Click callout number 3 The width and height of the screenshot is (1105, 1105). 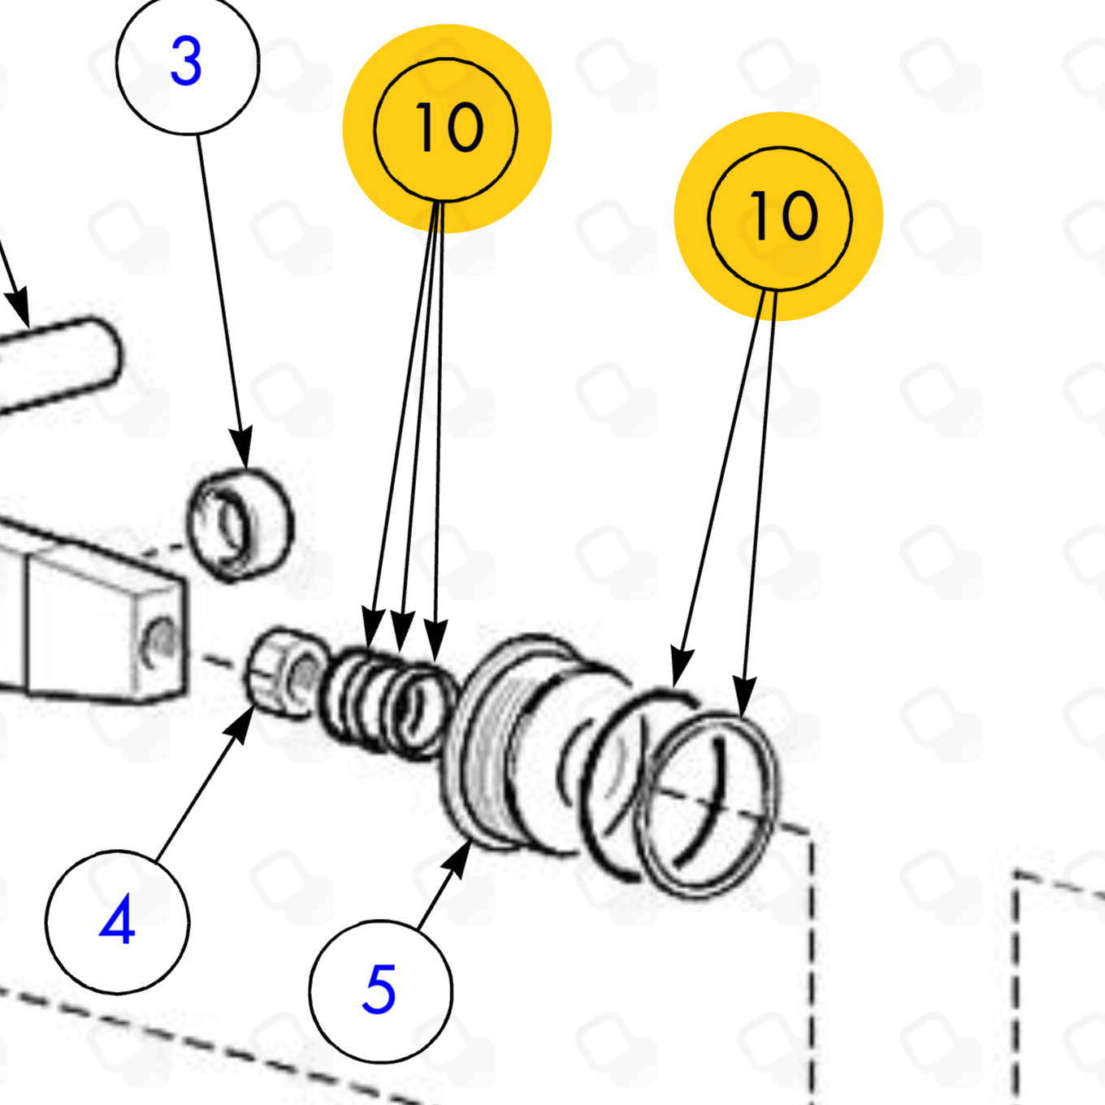(x=187, y=62)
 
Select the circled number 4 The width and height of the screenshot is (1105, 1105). (x=118, y=921)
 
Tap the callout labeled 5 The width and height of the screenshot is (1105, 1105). (x=381, y=991)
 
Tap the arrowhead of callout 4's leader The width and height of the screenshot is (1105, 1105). (x=242, y=722)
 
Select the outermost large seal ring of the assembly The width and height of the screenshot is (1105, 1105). (x=706, y=804)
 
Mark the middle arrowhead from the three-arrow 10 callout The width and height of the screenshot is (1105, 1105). (x=401, y=631)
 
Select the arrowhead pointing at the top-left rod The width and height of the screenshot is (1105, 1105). (x=19, y=307)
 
